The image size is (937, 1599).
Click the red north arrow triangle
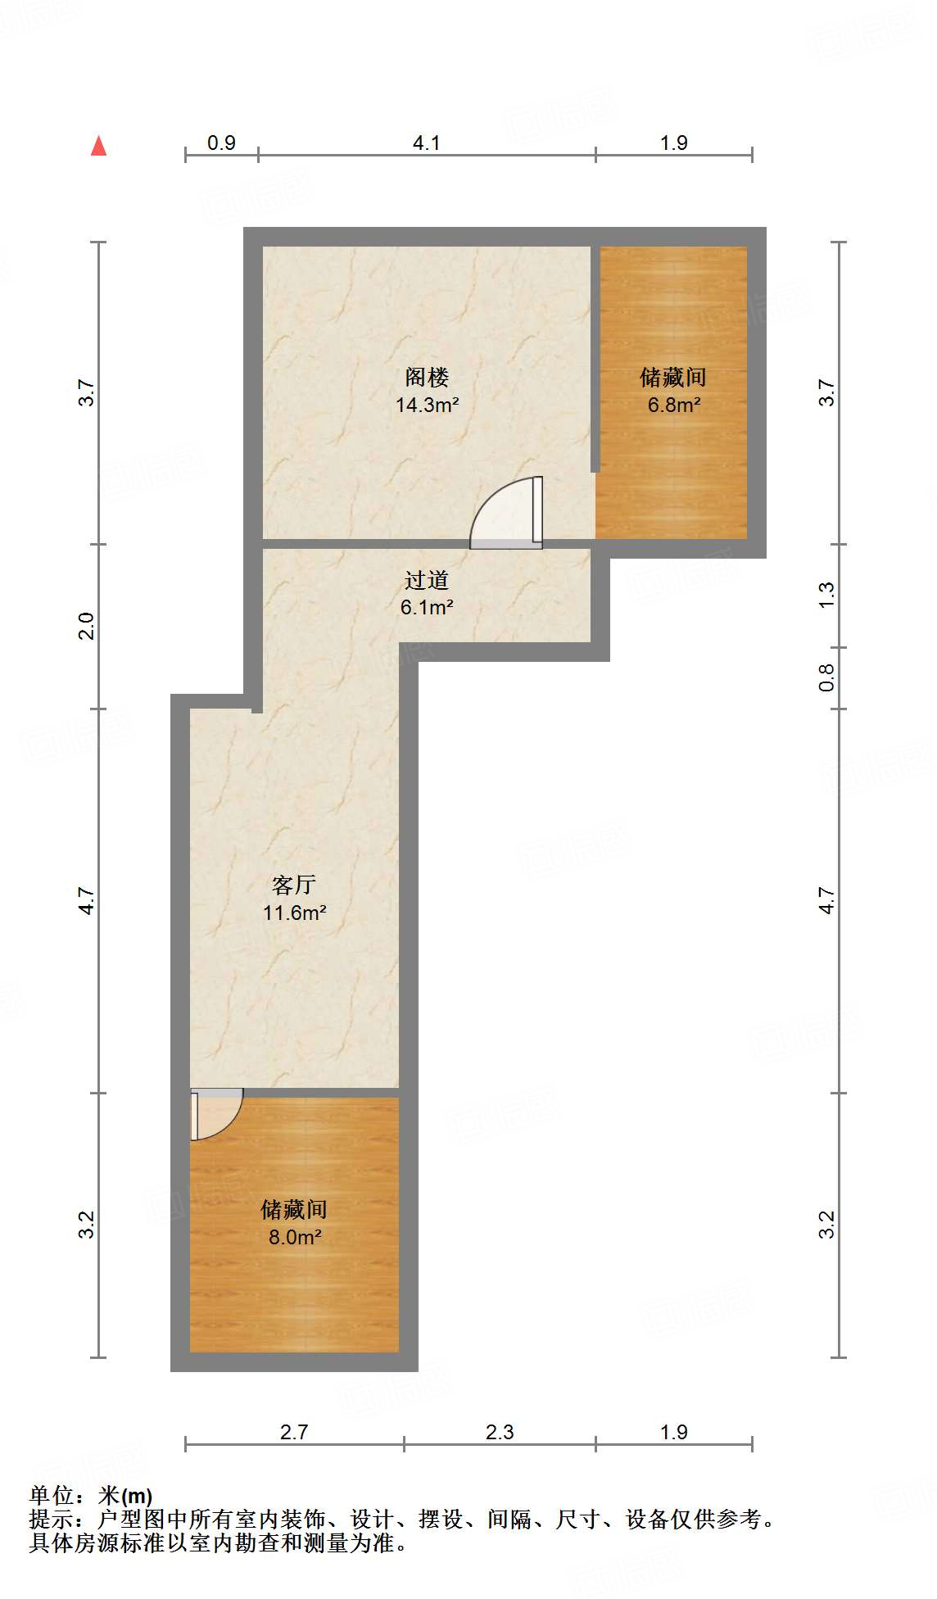99,147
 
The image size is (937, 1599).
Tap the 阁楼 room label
427,378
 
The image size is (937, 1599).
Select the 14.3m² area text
427,405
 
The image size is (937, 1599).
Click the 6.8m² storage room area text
673,405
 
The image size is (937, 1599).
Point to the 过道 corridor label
427,581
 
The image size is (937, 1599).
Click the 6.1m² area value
427,608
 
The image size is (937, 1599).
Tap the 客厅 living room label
294,886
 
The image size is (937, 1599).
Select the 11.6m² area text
294,913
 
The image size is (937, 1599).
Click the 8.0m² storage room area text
294,1237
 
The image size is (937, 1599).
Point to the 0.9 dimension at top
221,143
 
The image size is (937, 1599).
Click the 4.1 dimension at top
426,143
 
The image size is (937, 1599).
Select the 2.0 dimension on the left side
87,627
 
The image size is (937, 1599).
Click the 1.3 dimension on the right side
826,595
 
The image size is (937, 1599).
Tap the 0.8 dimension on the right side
826,677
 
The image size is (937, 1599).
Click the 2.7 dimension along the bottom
294,1433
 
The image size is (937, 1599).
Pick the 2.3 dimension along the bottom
500,1433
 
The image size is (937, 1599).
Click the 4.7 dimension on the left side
87,901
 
